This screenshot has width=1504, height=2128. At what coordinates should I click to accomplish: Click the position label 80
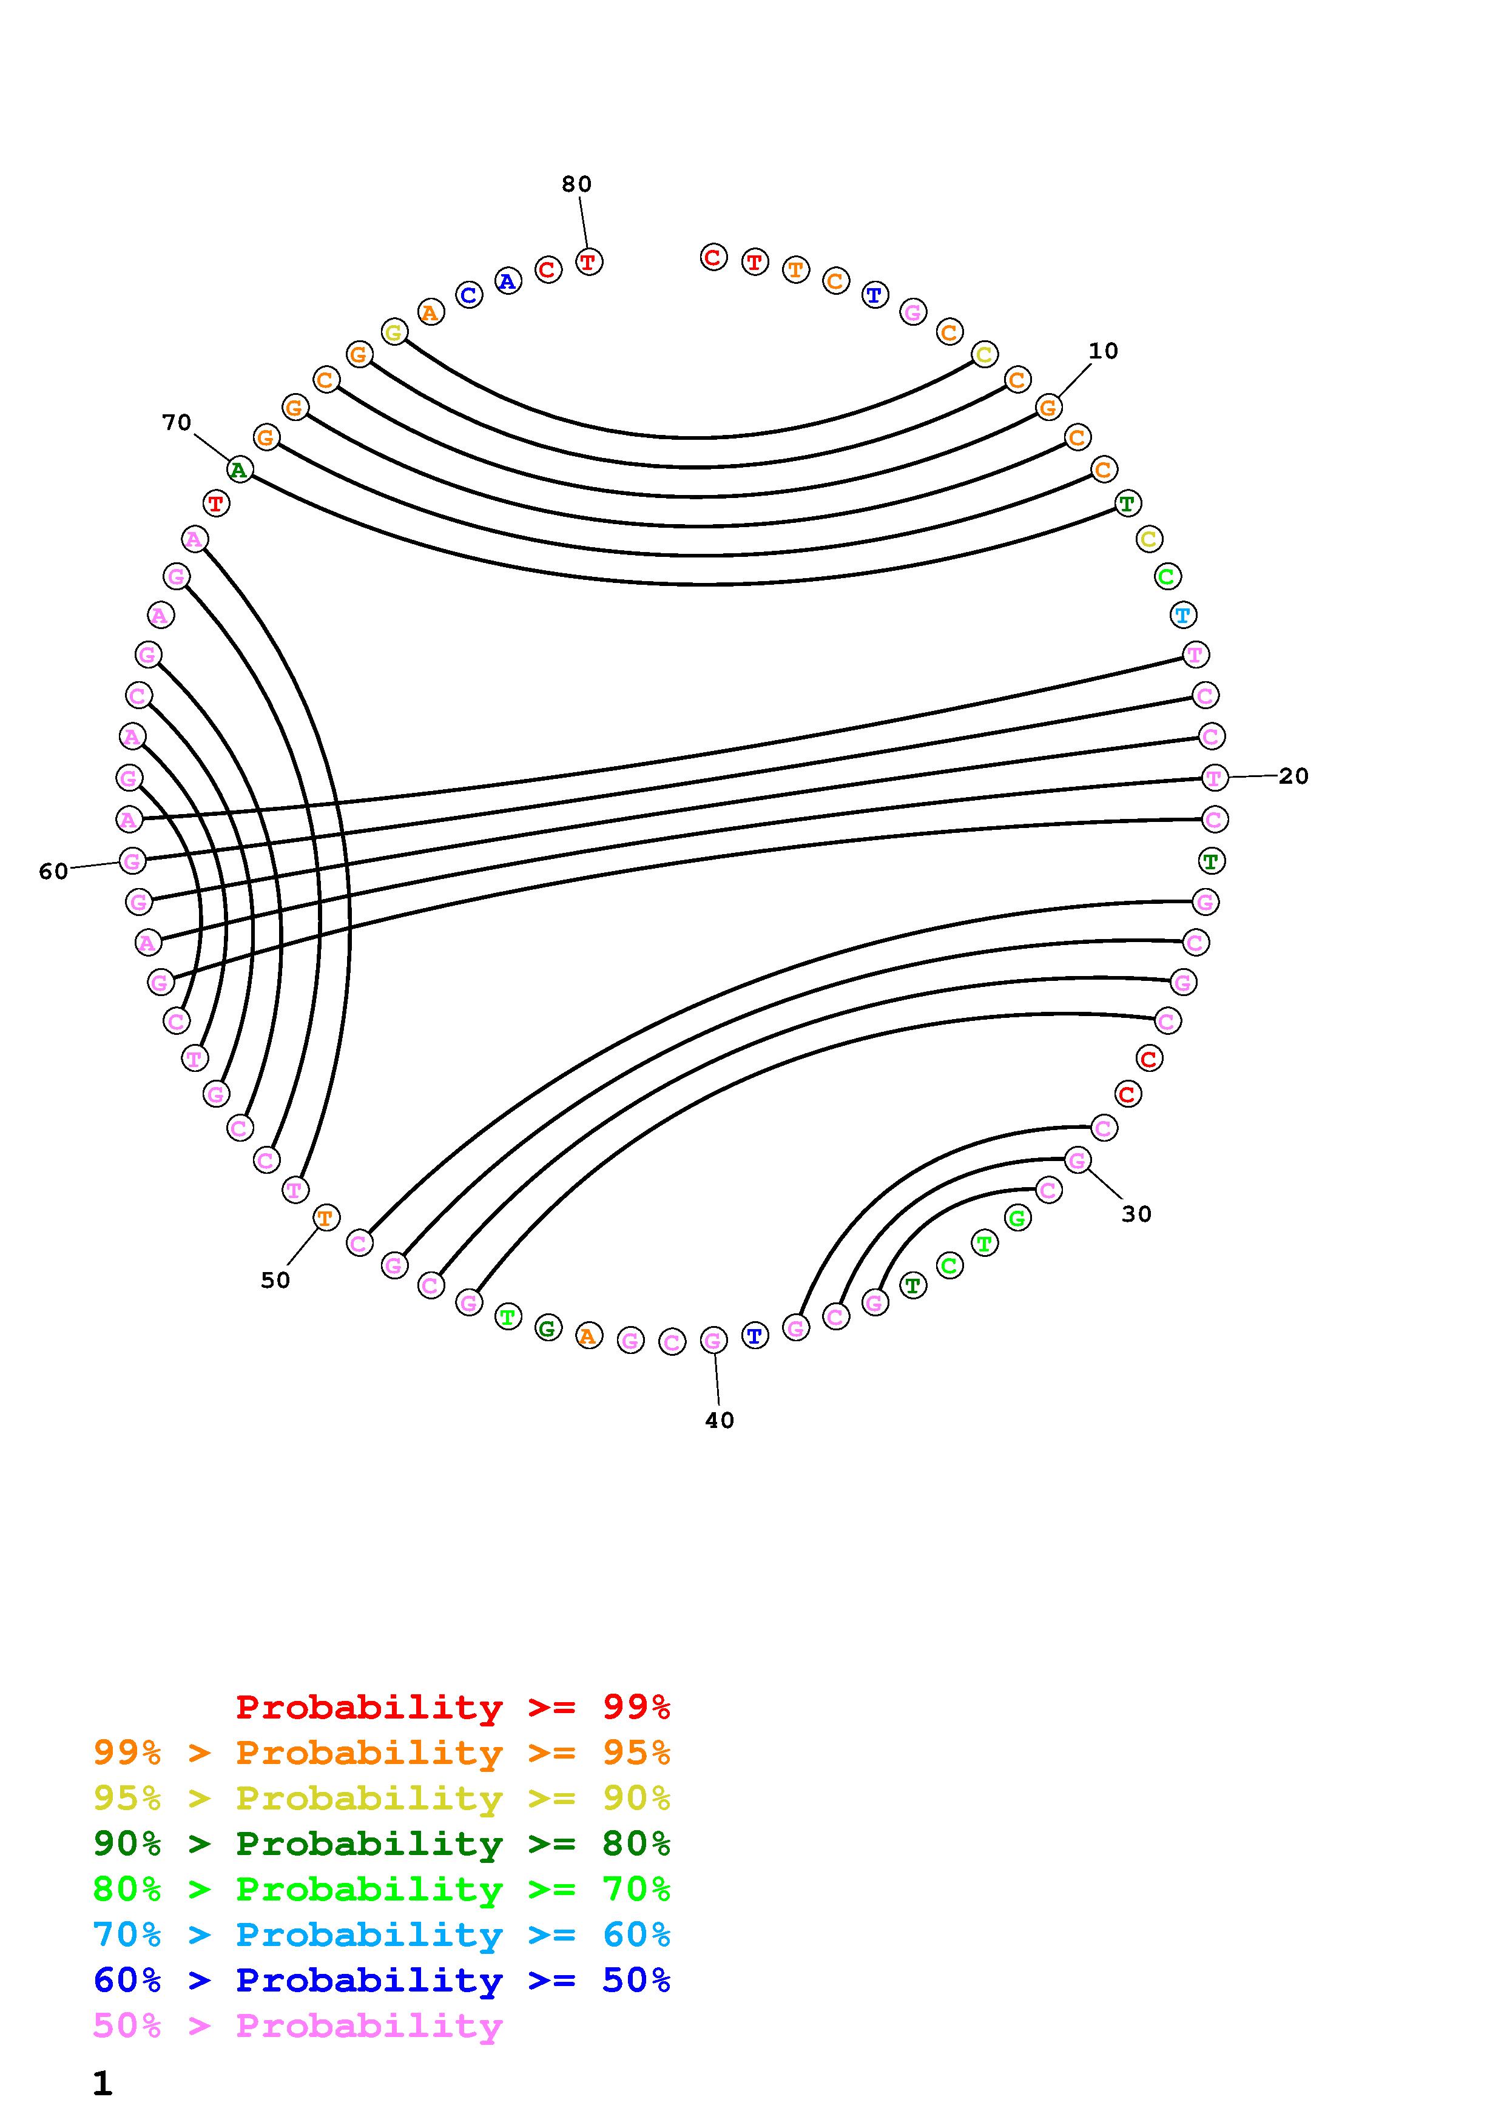(x=576, y=184)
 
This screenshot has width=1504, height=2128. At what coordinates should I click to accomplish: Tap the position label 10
(x=1103, y=351)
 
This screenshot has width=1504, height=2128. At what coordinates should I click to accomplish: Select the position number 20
(x=1293, y=776)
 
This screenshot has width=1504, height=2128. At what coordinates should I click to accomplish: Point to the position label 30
(x=1136, y=1214)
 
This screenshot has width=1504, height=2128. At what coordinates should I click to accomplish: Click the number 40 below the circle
(x=719, y=1421)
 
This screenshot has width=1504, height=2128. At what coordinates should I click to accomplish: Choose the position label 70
(x=176, y=423)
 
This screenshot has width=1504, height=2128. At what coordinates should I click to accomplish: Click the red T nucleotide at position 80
(x=588, y=262)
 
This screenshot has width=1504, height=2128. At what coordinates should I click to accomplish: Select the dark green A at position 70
(x=239, y=470)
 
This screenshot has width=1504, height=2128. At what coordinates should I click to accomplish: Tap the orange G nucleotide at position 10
(x=1048, y=407)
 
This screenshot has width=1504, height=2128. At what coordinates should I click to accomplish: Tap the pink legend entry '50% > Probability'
(x=297, y=2026)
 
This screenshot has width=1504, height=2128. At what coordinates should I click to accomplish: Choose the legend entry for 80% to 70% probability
(x=382, y=1890)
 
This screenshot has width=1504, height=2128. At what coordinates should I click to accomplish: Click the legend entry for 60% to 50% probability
(x=382, y=1981)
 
